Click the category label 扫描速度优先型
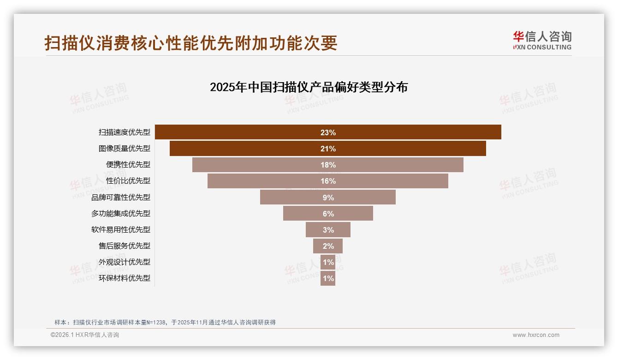pyautogui.click(x=125, y=132)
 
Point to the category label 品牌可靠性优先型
pyautogui.click(x=121, y=197)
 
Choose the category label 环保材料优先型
pyautogui.click(x=125, y=278)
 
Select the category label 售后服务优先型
pyautogui.click(x=125, y=246)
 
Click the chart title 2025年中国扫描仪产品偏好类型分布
pyautogui.click(x=309, y=87)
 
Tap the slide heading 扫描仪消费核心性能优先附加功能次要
pyautogui.click(x=191, y=43)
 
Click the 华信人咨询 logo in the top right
pyautogui.click(x=542, y=40)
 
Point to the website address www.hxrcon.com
pyautogui.click(x=536, y=335)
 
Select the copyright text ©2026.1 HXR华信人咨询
pyautogui.click(x=85, y=335)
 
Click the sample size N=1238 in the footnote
pyautogui.click(x=156, y=323)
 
